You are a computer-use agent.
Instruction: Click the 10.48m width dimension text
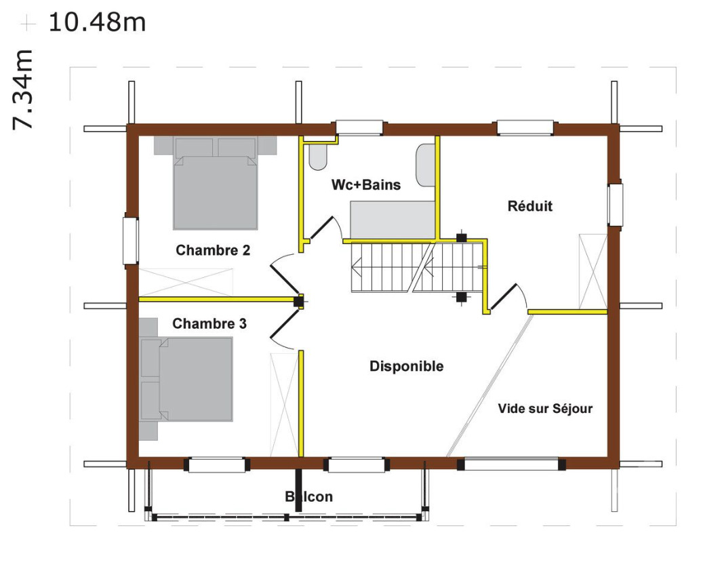97,22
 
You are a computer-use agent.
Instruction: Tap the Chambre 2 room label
213,250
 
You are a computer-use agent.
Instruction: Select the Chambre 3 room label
209,324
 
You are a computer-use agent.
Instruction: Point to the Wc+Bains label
365,184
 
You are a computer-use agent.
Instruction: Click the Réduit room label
529,206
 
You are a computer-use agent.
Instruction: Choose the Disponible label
406,367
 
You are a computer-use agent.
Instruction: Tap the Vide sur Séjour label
545,409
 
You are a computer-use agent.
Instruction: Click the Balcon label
309,497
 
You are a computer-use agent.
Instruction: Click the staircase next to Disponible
415,267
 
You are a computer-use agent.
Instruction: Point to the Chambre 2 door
283,275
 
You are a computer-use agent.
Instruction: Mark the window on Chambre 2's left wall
130,240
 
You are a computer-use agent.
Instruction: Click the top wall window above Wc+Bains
359,127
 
